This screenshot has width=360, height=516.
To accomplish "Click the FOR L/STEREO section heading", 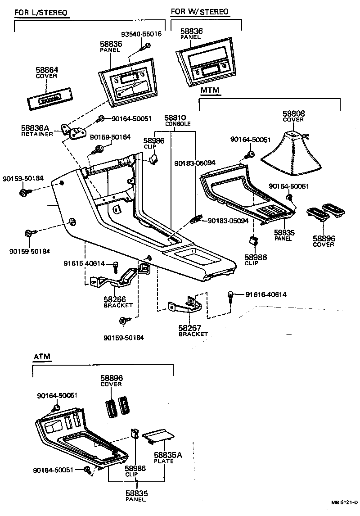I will pos(41,12).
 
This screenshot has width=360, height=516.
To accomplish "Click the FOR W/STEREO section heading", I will pos(200,11).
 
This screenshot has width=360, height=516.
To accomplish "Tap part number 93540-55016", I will pos(142,34).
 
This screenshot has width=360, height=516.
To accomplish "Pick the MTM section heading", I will pos(210,91).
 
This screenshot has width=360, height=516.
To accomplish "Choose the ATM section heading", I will pos(42,357).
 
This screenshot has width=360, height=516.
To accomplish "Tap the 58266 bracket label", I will pos(118,301).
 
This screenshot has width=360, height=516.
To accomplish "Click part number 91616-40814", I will pos(266,295).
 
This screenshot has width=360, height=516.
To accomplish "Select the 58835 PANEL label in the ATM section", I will pos(137,496).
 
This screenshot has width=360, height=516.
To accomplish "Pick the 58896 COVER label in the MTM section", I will pos(324,241).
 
